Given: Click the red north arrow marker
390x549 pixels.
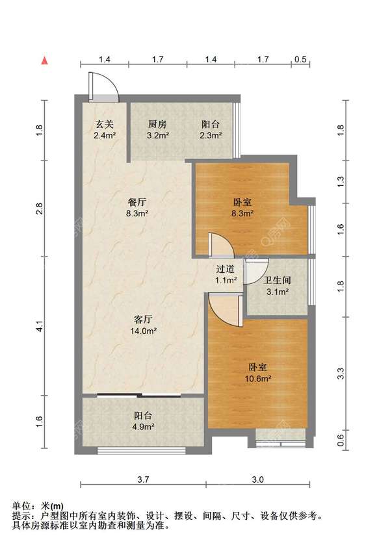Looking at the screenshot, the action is point(44,60).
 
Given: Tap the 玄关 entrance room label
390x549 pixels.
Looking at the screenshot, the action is point(105,124).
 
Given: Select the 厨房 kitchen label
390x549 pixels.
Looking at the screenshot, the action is point(157,124).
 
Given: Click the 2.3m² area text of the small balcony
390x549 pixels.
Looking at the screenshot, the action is point(210,135).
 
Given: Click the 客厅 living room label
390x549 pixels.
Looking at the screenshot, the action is point(143,319).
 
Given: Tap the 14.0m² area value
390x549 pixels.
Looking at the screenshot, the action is point(143,331).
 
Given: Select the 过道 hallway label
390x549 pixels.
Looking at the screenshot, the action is point(225,269).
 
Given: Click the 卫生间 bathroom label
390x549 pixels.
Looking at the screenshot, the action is point(277,280).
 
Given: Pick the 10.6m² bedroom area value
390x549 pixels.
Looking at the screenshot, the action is point(258,378).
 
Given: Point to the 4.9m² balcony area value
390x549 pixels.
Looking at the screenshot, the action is point(143,426).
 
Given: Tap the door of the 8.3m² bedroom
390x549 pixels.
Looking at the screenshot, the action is point(221,245).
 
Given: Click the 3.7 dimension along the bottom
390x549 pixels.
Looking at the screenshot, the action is point(143,479).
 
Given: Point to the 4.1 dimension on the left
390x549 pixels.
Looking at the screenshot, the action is point(40,326).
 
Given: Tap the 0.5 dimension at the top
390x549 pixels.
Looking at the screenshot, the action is point(300,59).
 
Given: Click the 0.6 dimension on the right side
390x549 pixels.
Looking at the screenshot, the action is point(341,439).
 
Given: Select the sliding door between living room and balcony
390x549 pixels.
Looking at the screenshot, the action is point(139,396).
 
